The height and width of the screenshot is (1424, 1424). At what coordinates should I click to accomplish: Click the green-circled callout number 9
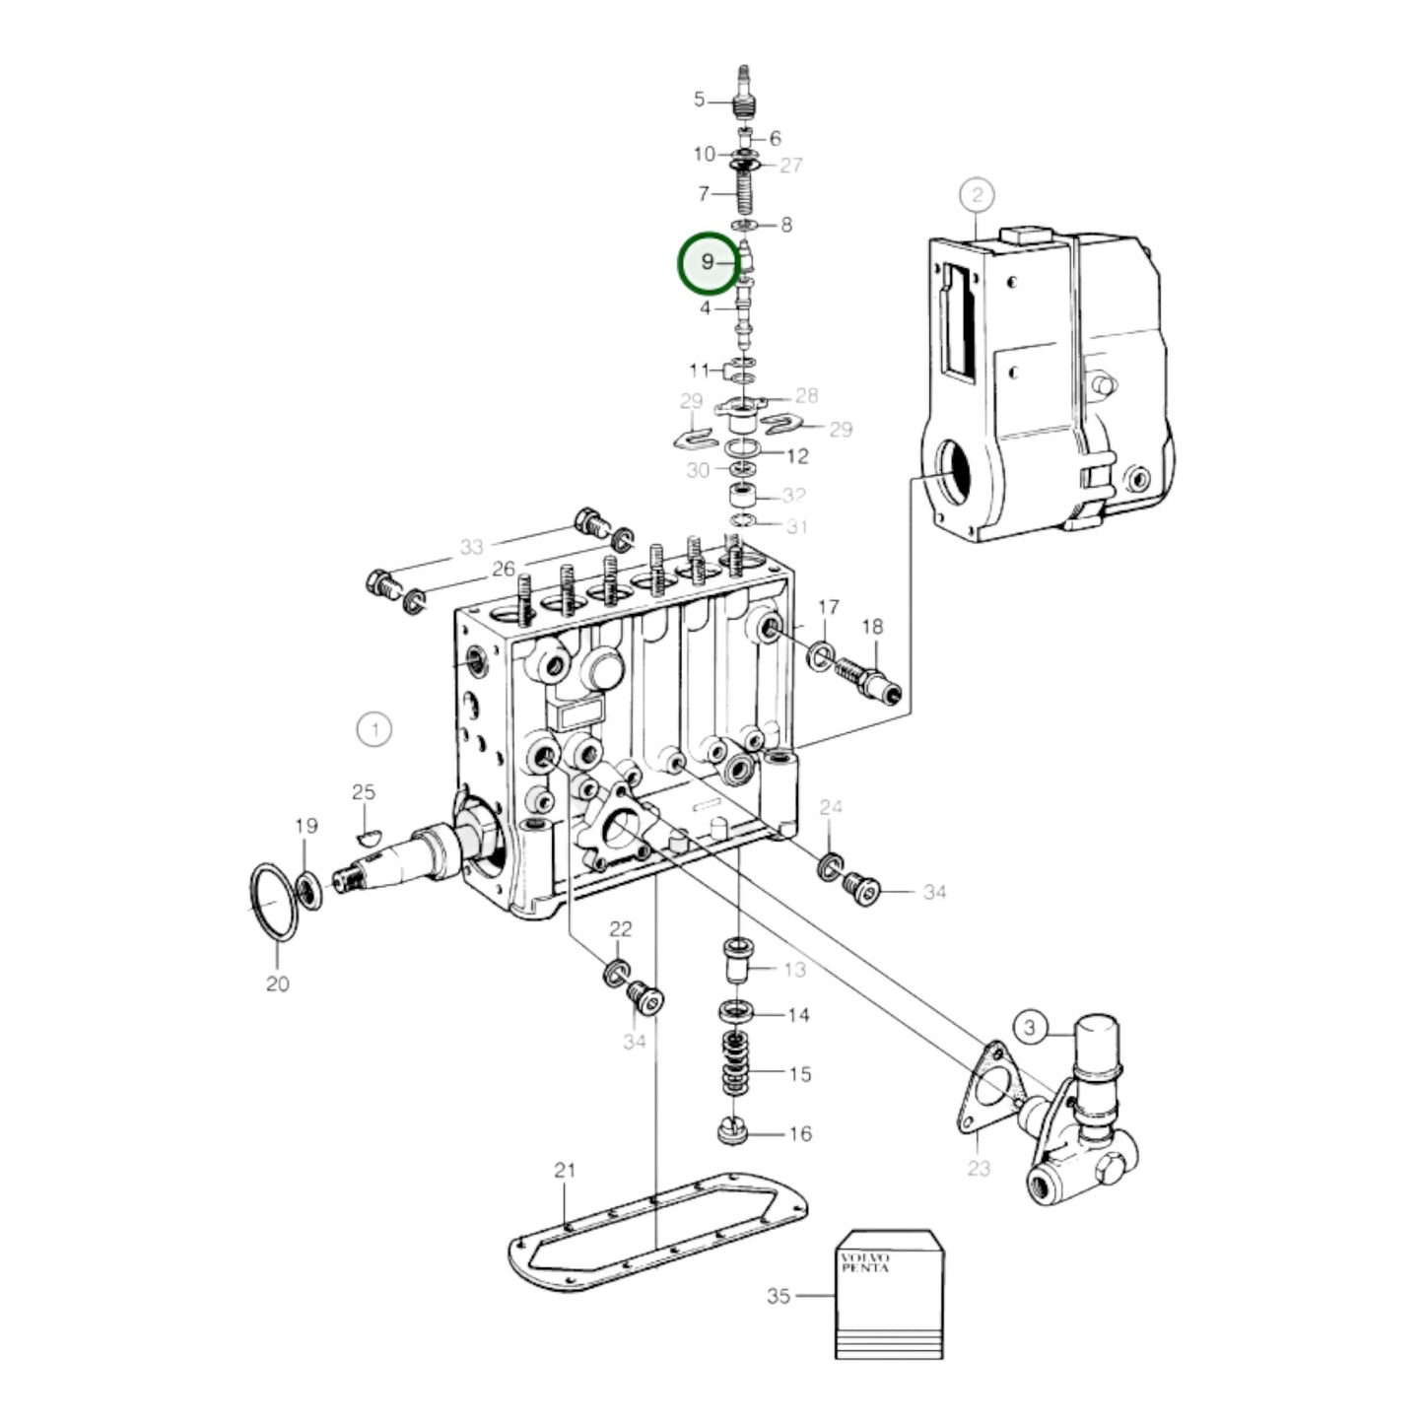(708, 263)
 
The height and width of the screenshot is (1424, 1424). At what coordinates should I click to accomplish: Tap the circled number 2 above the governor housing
(976, 195)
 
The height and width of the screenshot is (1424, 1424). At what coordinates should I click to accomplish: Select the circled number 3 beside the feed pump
(1030, 1029)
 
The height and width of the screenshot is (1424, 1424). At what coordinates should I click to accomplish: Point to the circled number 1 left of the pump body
(373, 730)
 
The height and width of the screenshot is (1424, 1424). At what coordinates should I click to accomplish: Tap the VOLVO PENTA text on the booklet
(864, 1262)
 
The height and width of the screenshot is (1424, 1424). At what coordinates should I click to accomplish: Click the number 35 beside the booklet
(779, 1296)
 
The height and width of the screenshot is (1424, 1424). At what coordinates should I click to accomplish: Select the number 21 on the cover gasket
(564, 1171)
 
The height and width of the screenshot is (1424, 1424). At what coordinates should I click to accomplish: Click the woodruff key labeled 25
(366, 837)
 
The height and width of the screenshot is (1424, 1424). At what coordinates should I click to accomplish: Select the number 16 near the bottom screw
(800, 1134)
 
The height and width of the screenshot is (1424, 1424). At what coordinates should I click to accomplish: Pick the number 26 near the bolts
(504, 569)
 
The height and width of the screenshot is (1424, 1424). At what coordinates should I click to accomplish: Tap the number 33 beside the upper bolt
(472, 547)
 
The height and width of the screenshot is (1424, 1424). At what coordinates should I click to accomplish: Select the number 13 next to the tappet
(794, 970)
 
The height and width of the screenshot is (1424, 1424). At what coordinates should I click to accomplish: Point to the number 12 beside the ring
(797, 456)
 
